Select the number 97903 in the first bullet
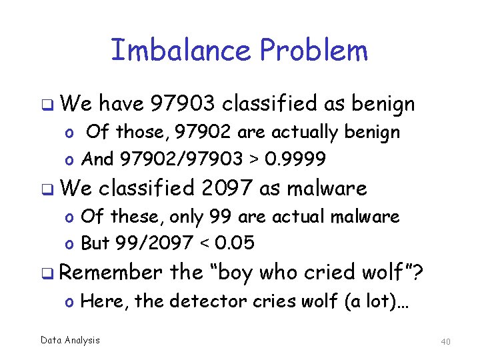pos(183,103)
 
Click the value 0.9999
pos(295,159)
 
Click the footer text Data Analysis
pos(70,341)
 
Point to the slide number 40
pos(446,341)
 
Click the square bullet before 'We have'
pos(47,105)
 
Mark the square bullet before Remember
pos(47,273)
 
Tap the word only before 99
pos(188,216)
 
